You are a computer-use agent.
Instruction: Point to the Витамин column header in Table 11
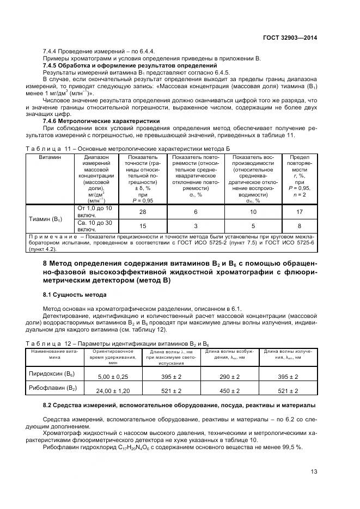[50, 157]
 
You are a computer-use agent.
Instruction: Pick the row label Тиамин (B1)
[46, 219]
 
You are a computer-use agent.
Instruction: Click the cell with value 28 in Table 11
[143, 212]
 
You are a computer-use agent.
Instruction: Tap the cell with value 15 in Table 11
[143, 226]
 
